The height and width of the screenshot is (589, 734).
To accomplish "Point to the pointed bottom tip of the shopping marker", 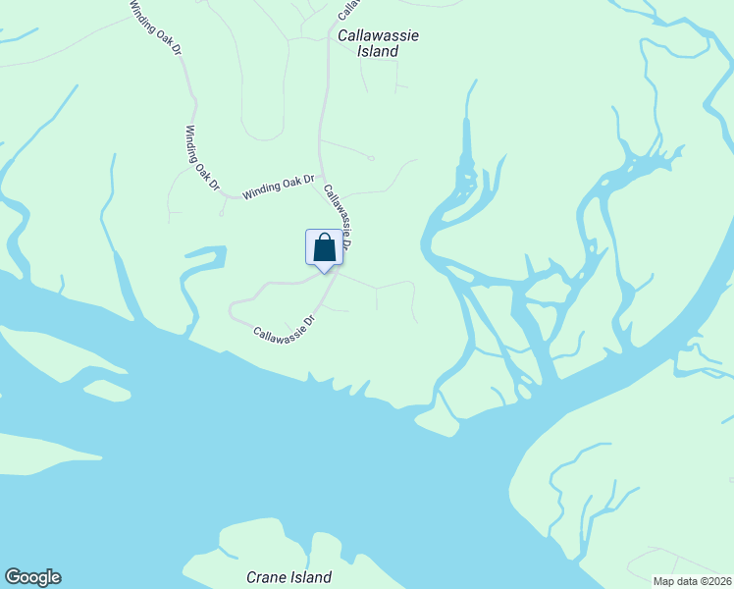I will point(325,272).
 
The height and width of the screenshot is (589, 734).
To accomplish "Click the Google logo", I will point(32,577).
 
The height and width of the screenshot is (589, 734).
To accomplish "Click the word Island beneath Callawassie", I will point(379,51).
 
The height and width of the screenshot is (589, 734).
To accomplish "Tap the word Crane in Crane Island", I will point(265,577).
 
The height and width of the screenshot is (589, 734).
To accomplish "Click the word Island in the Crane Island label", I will point(309,577).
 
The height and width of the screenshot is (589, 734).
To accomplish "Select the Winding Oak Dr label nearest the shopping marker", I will point(279,186).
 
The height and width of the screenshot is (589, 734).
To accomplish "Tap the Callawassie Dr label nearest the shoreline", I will point(285,328).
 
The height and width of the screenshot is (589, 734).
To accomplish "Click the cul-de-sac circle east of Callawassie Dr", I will point(370,157).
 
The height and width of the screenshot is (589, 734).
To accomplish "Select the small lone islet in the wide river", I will point(107,391).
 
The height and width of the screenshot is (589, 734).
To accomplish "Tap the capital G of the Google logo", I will point(14,577).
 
